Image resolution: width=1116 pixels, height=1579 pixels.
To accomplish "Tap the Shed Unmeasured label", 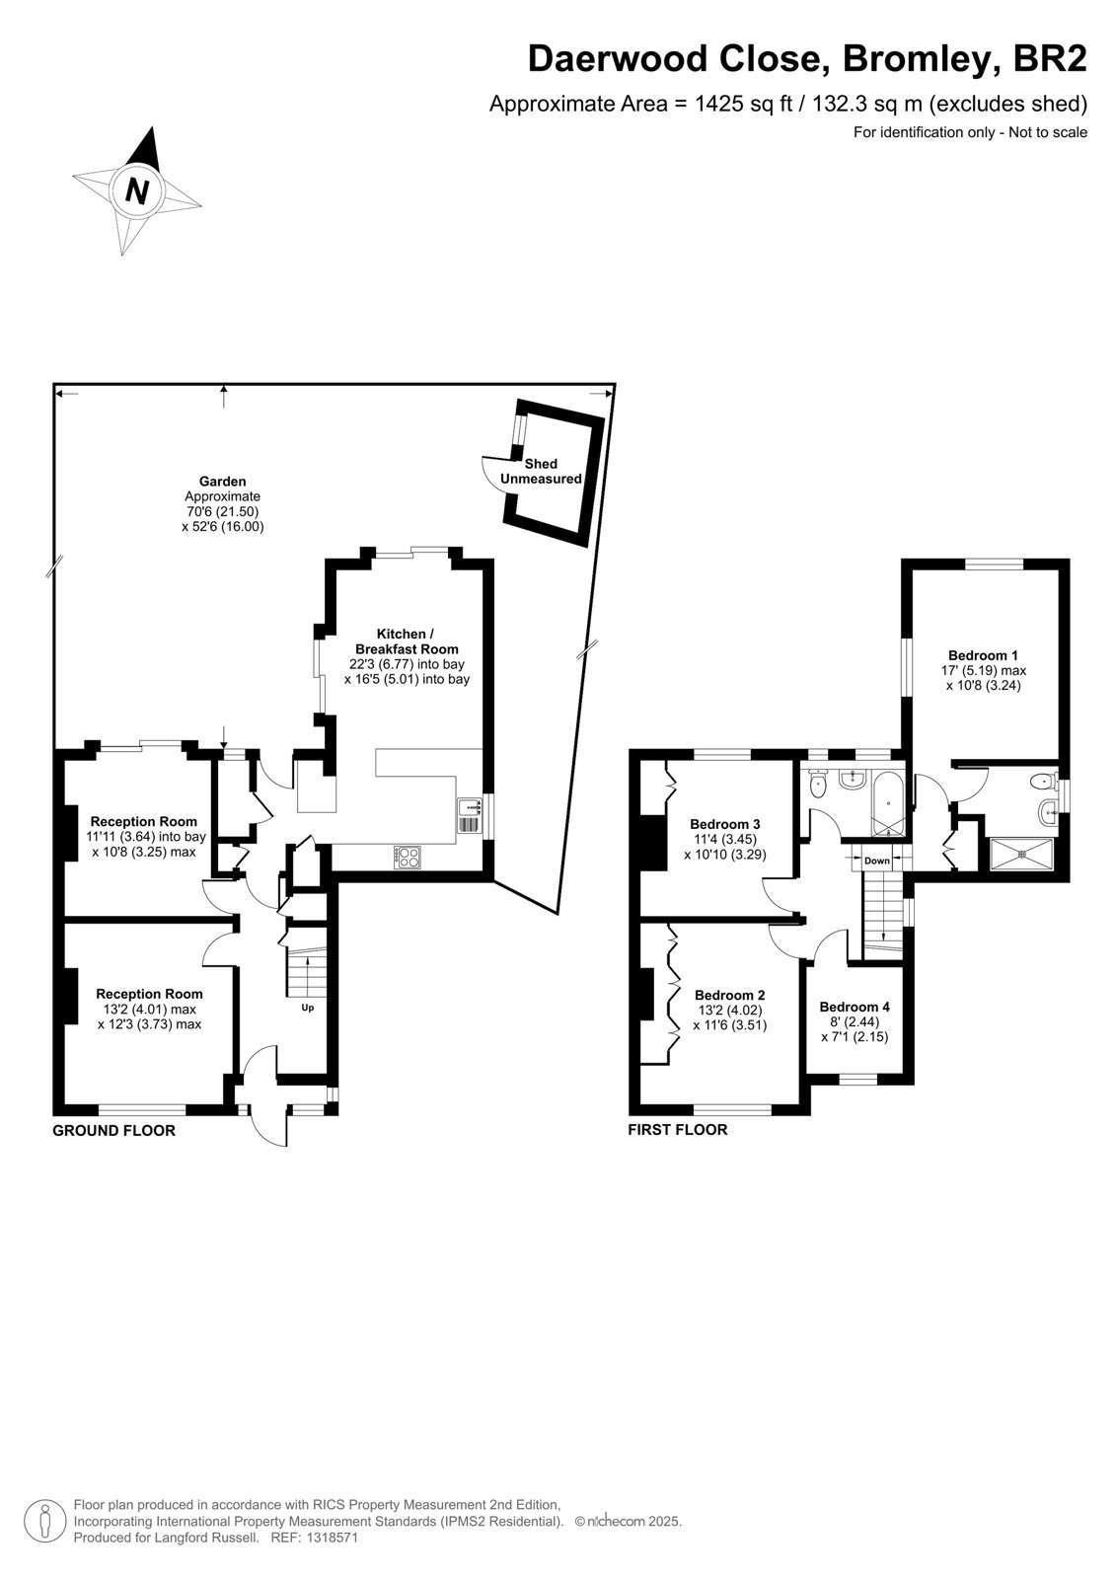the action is pyautogui.click(x=541, y=471).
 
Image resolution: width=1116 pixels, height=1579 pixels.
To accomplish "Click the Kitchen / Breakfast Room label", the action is pyautogui.click(x=407, y=640).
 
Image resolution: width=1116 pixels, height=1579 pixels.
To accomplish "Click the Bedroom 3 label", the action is pyautogui.click(x=724, y=824).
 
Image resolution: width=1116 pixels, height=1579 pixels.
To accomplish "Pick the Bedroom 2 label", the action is pyautogui.click(x=729, y=996).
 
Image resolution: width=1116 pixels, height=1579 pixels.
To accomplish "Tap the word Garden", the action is pyautogui.click(x=223, y=482).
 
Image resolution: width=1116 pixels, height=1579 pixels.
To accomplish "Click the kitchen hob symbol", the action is pyautogui.click(x=409, y=858).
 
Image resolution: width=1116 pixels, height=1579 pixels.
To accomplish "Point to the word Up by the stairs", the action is pyautogui.click(x=308, y=1008).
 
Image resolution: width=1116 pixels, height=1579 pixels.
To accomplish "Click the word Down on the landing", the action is pyautogui.click(x=876, y=861).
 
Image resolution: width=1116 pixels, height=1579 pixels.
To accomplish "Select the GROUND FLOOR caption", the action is pyautogui.click(x=114, y=1131).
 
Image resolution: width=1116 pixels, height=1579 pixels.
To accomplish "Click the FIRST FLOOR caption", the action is pyautogui.click(x=678, y=1130).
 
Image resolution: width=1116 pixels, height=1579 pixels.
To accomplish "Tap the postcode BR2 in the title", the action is pyautogui.click(x=1050, y=58).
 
